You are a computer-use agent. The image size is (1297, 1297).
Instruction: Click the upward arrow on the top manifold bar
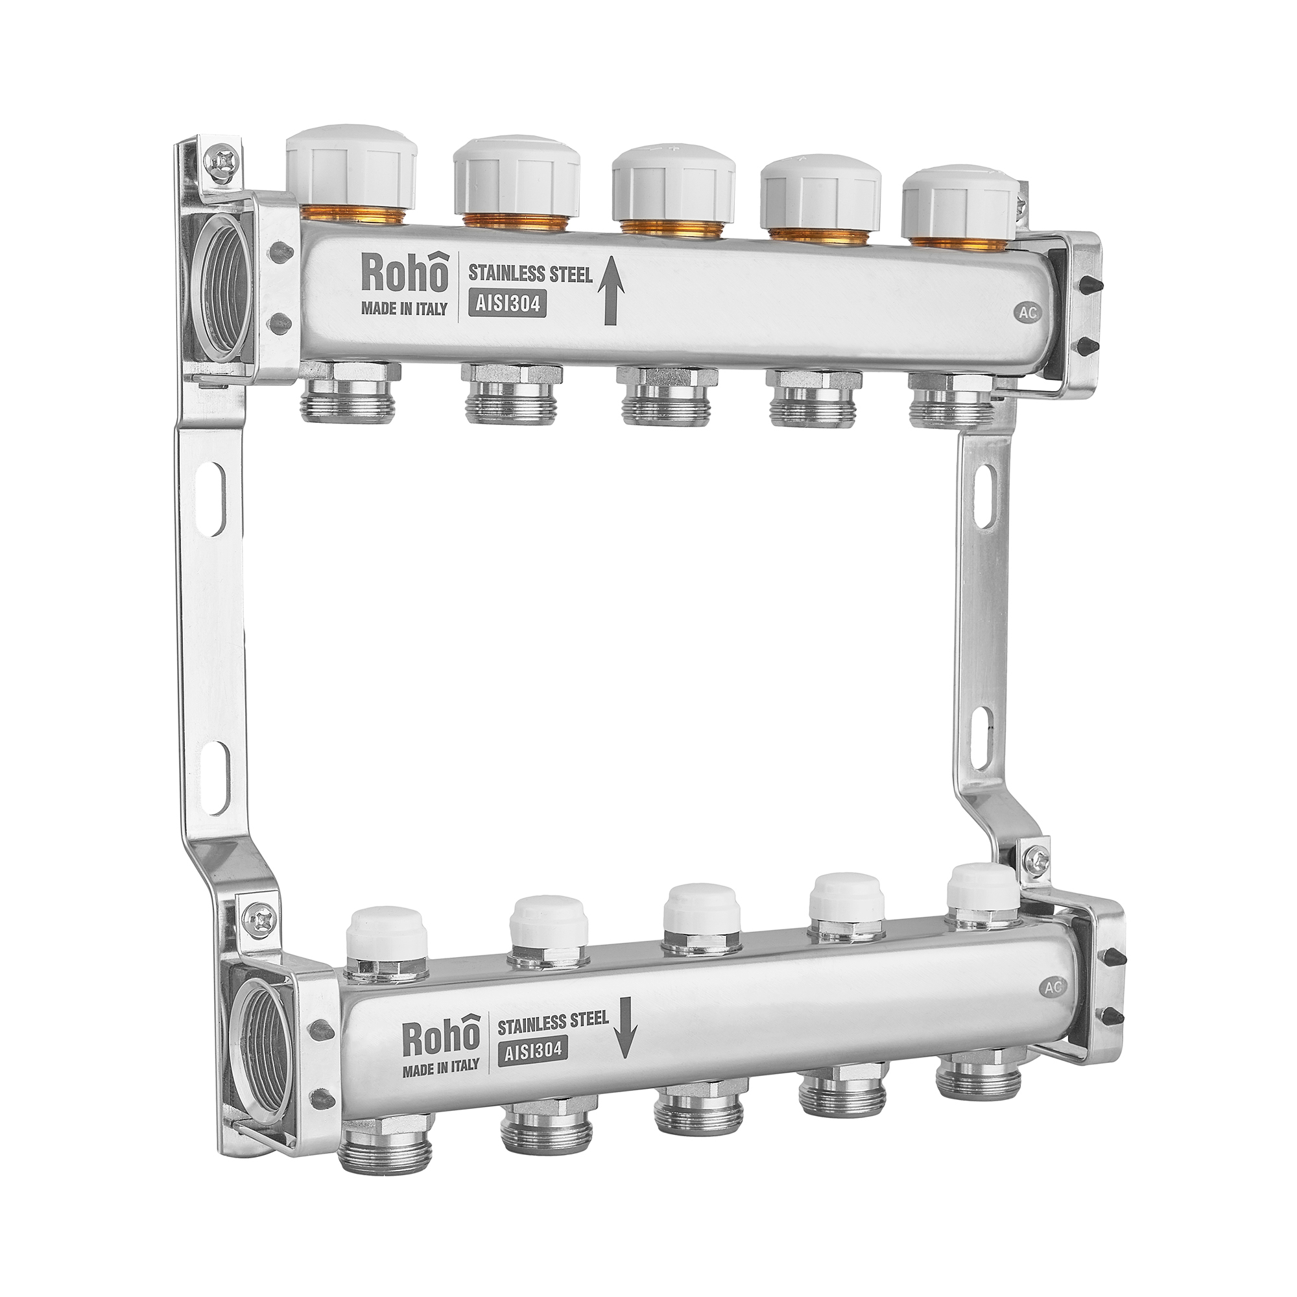click(x=610, y=294)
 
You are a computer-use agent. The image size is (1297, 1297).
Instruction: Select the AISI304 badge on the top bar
click(x=505, y=304)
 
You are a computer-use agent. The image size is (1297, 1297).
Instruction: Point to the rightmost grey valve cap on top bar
click(x=961, y=206)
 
